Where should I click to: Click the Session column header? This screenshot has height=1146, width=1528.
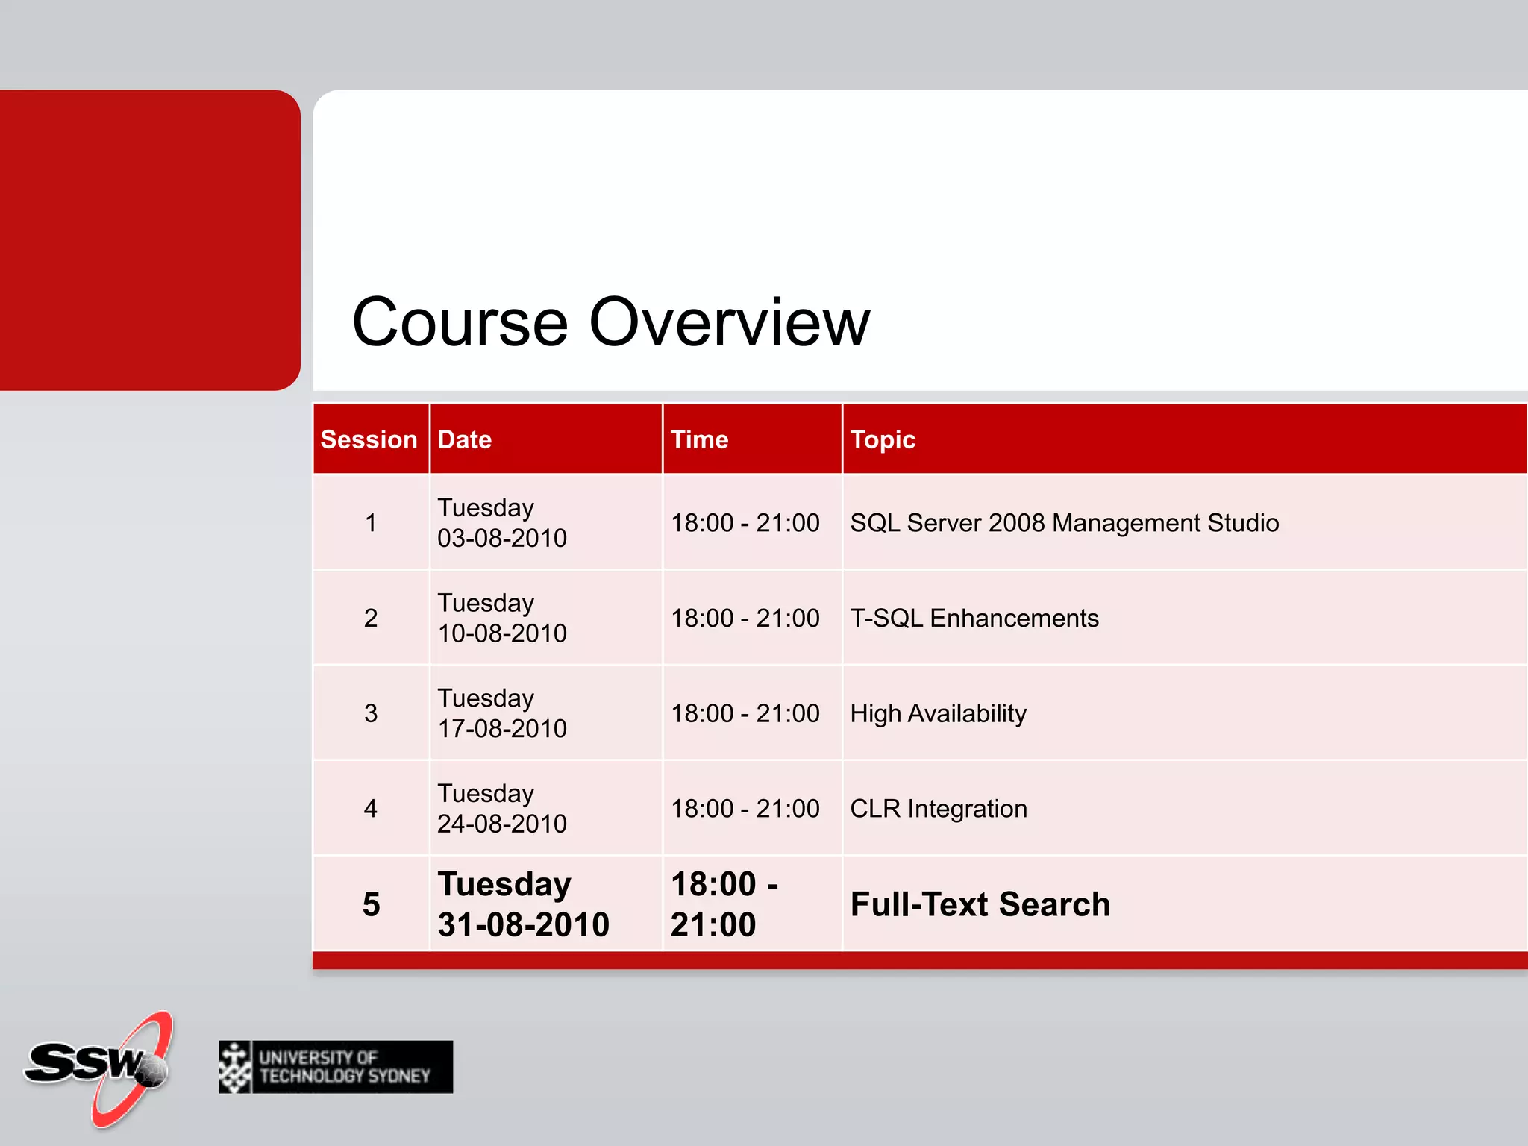(x=369, y=439)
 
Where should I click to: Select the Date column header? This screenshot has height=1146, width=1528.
(x=465, y=439)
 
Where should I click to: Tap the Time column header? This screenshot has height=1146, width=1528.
(x=699, y=439)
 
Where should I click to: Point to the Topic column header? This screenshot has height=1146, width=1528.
(x=883, y=439)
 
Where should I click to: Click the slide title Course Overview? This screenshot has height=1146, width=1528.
(x=610, y=322)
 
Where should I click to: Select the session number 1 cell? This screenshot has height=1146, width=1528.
(x=371, y=523)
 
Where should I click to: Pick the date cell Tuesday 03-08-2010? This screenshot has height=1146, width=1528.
(x=502, y=523)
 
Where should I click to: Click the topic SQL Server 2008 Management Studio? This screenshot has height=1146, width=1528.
(x=1065, y=523)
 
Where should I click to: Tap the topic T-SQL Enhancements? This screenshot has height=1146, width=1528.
(x=974, y=619)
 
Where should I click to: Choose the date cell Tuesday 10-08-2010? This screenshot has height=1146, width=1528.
(x=502, y=619)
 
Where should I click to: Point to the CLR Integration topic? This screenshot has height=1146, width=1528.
(x=939, y=809)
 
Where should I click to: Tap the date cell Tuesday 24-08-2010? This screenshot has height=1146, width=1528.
(x=502, y=809)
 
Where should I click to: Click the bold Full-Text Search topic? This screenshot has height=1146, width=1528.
(x=980, y=904)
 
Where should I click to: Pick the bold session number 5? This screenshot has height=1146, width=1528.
(x=372, y=904)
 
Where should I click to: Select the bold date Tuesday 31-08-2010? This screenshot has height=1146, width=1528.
(x=523, y=904)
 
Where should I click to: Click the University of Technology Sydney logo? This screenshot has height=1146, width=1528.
(x=336, y=1067)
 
